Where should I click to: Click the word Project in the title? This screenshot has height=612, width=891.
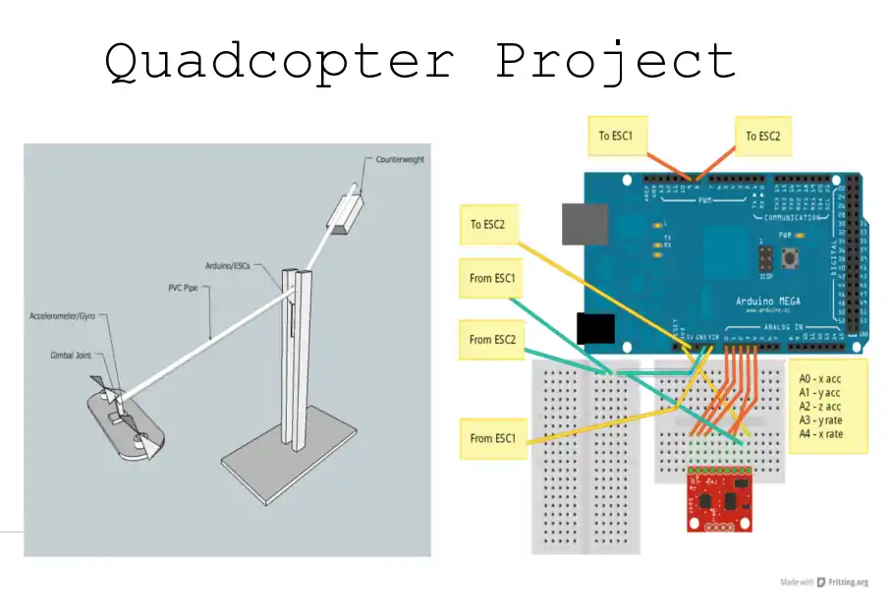pos(615,62)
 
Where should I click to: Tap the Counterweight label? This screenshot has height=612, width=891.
pos(400,159)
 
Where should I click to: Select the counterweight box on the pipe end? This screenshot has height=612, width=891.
pos(347,215)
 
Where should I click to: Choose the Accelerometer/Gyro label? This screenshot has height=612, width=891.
pos(68,316)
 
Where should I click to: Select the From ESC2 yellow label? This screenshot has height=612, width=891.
pos(493,340)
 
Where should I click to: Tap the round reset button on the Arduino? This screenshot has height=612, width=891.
pos(789,259)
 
